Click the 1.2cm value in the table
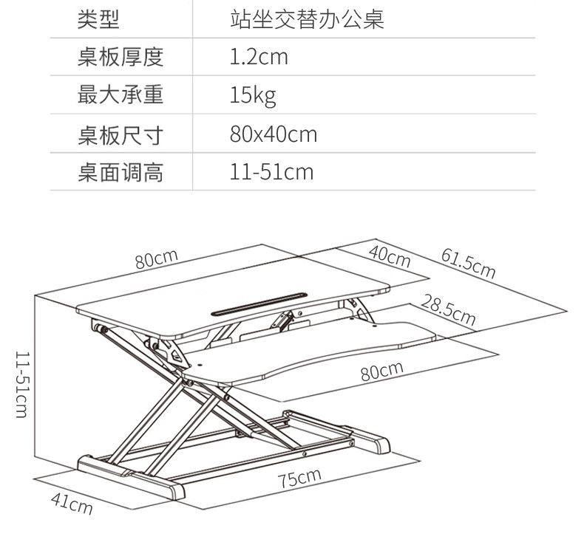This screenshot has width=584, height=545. pos(259,57)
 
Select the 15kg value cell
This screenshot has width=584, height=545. pos(253,96)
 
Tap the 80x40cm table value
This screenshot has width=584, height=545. pos(274,134)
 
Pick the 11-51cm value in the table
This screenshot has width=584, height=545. pos(271,172)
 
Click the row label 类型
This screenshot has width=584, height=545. pos(98,18)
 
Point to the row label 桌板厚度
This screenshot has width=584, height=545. pos(120,57)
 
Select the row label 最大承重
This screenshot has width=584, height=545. pos(120,95)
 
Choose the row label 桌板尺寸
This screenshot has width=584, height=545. pos(120,134)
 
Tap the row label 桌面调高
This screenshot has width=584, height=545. pos(120,172)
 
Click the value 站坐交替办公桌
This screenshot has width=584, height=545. pos(307,18)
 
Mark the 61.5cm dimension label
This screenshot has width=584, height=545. pos(469,264)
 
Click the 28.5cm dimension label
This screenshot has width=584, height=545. pos(449,310)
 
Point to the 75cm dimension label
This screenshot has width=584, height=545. pos(299,478)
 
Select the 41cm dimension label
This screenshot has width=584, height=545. pos(72,504)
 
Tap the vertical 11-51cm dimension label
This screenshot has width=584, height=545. pos(21,385)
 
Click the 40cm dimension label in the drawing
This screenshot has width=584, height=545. pos(390,256)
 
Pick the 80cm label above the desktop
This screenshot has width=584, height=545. pos(157,259)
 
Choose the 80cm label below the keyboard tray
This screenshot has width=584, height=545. pos(382,371)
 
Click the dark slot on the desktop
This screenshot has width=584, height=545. pos(259,304)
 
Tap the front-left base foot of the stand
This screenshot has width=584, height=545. pos(131,477)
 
